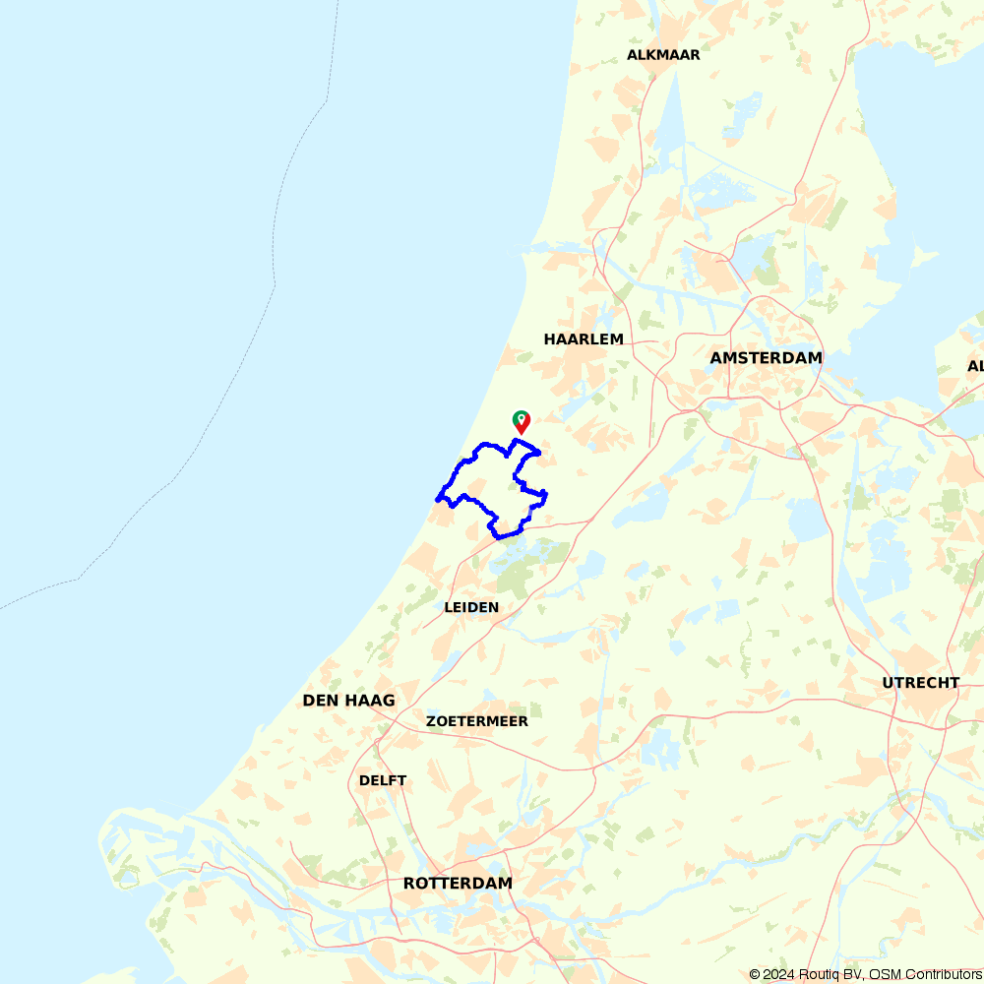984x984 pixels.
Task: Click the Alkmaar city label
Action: click(x=663, y=55)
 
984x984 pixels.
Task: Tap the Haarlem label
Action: click(x=584, y=339)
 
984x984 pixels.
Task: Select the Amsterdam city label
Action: click(x=766, y=358)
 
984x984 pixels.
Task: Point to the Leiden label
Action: click(x=471, y=607)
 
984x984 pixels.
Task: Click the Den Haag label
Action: click(x=348, y=701)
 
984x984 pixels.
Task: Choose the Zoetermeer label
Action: click(x=476, y=721)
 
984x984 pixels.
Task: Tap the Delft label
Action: click(x=383, y=780)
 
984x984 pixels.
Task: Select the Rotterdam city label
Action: click(x=458, y=884)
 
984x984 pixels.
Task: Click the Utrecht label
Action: click(x=920, y=683)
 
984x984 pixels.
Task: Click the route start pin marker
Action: click(x=522, y=420)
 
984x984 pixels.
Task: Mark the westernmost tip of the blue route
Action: click(x=438, y=498)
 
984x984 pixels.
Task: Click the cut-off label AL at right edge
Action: click(x=975, y=366)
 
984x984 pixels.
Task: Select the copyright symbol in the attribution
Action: click(x=755, y=974)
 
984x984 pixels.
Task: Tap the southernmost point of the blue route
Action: click(x=499, y=538)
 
